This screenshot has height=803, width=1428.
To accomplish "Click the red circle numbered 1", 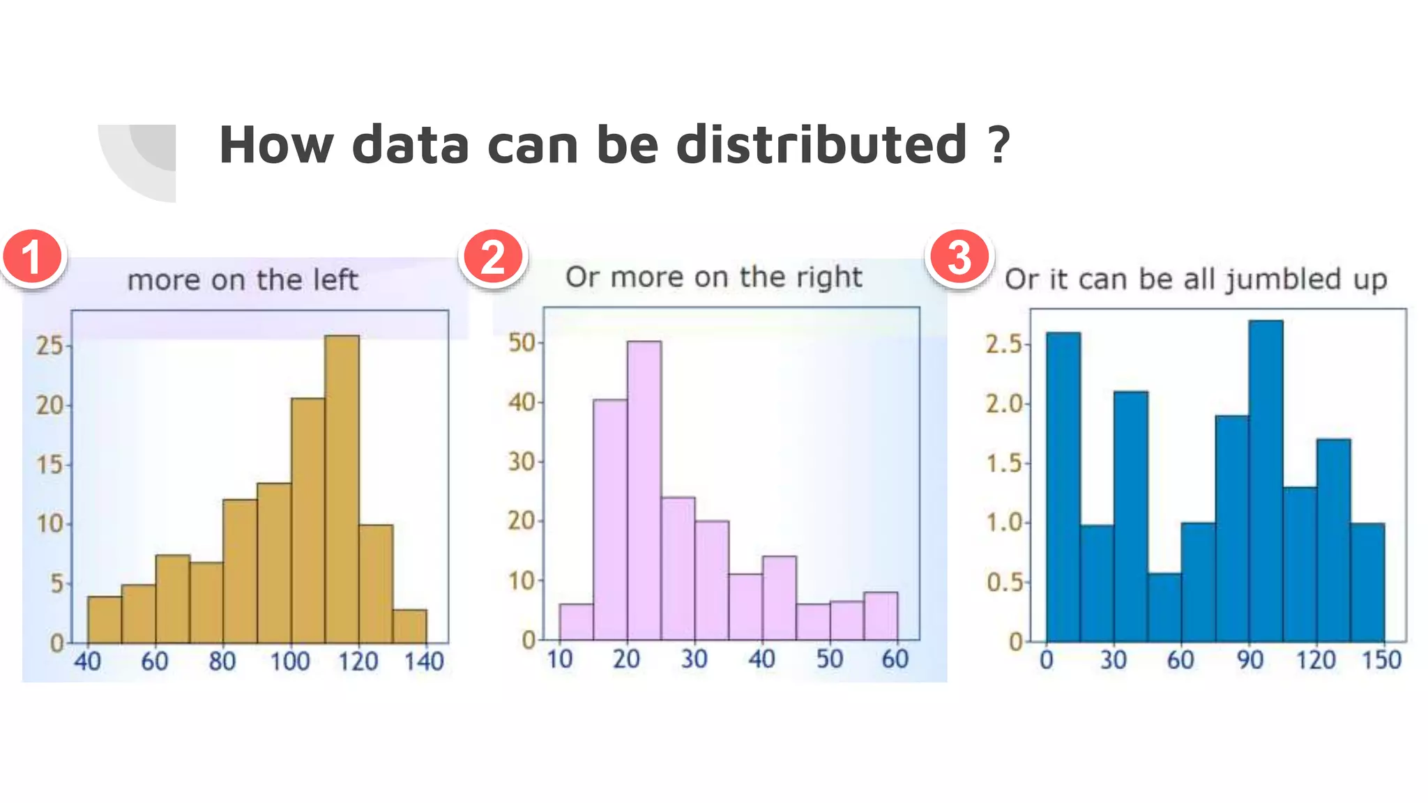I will [x=33, y=257].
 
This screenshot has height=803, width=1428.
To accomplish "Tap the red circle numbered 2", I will [x=492, y=257].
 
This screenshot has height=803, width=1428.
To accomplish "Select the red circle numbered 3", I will [x=959, y=257].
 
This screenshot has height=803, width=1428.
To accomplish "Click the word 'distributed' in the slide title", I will [x=821, y=144].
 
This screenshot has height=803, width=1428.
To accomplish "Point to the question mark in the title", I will [x=998, y=144].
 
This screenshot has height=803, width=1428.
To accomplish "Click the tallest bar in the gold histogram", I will [x=342, y=488].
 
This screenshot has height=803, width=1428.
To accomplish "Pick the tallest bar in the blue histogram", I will [x=1266, y=481].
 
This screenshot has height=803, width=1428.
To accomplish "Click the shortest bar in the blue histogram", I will [x=1164, y=607].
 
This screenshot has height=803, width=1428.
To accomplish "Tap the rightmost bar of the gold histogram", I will [x=410, y=626].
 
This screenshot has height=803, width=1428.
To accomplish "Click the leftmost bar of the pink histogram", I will [x=577, y=622].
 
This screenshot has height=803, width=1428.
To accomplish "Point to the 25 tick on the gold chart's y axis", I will [x=50, y=345].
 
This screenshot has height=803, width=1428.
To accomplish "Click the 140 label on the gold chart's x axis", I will [x=424, y=661].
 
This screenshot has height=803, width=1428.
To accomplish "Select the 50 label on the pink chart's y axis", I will [x=522, y=342].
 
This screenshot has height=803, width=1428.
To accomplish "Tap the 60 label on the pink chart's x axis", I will [x=895, y=659].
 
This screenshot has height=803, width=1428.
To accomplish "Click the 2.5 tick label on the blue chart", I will [x=1003, y=344].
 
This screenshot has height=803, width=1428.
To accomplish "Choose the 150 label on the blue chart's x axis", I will [x=1381, y=660].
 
